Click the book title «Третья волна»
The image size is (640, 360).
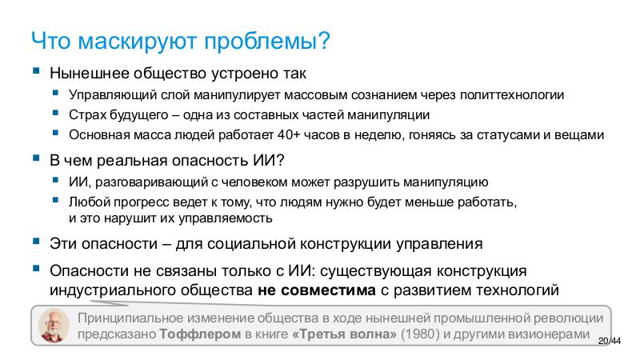[x=345, y=333]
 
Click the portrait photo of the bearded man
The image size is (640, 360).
[x=54, y=324]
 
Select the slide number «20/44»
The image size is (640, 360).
[x=610, y=342]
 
